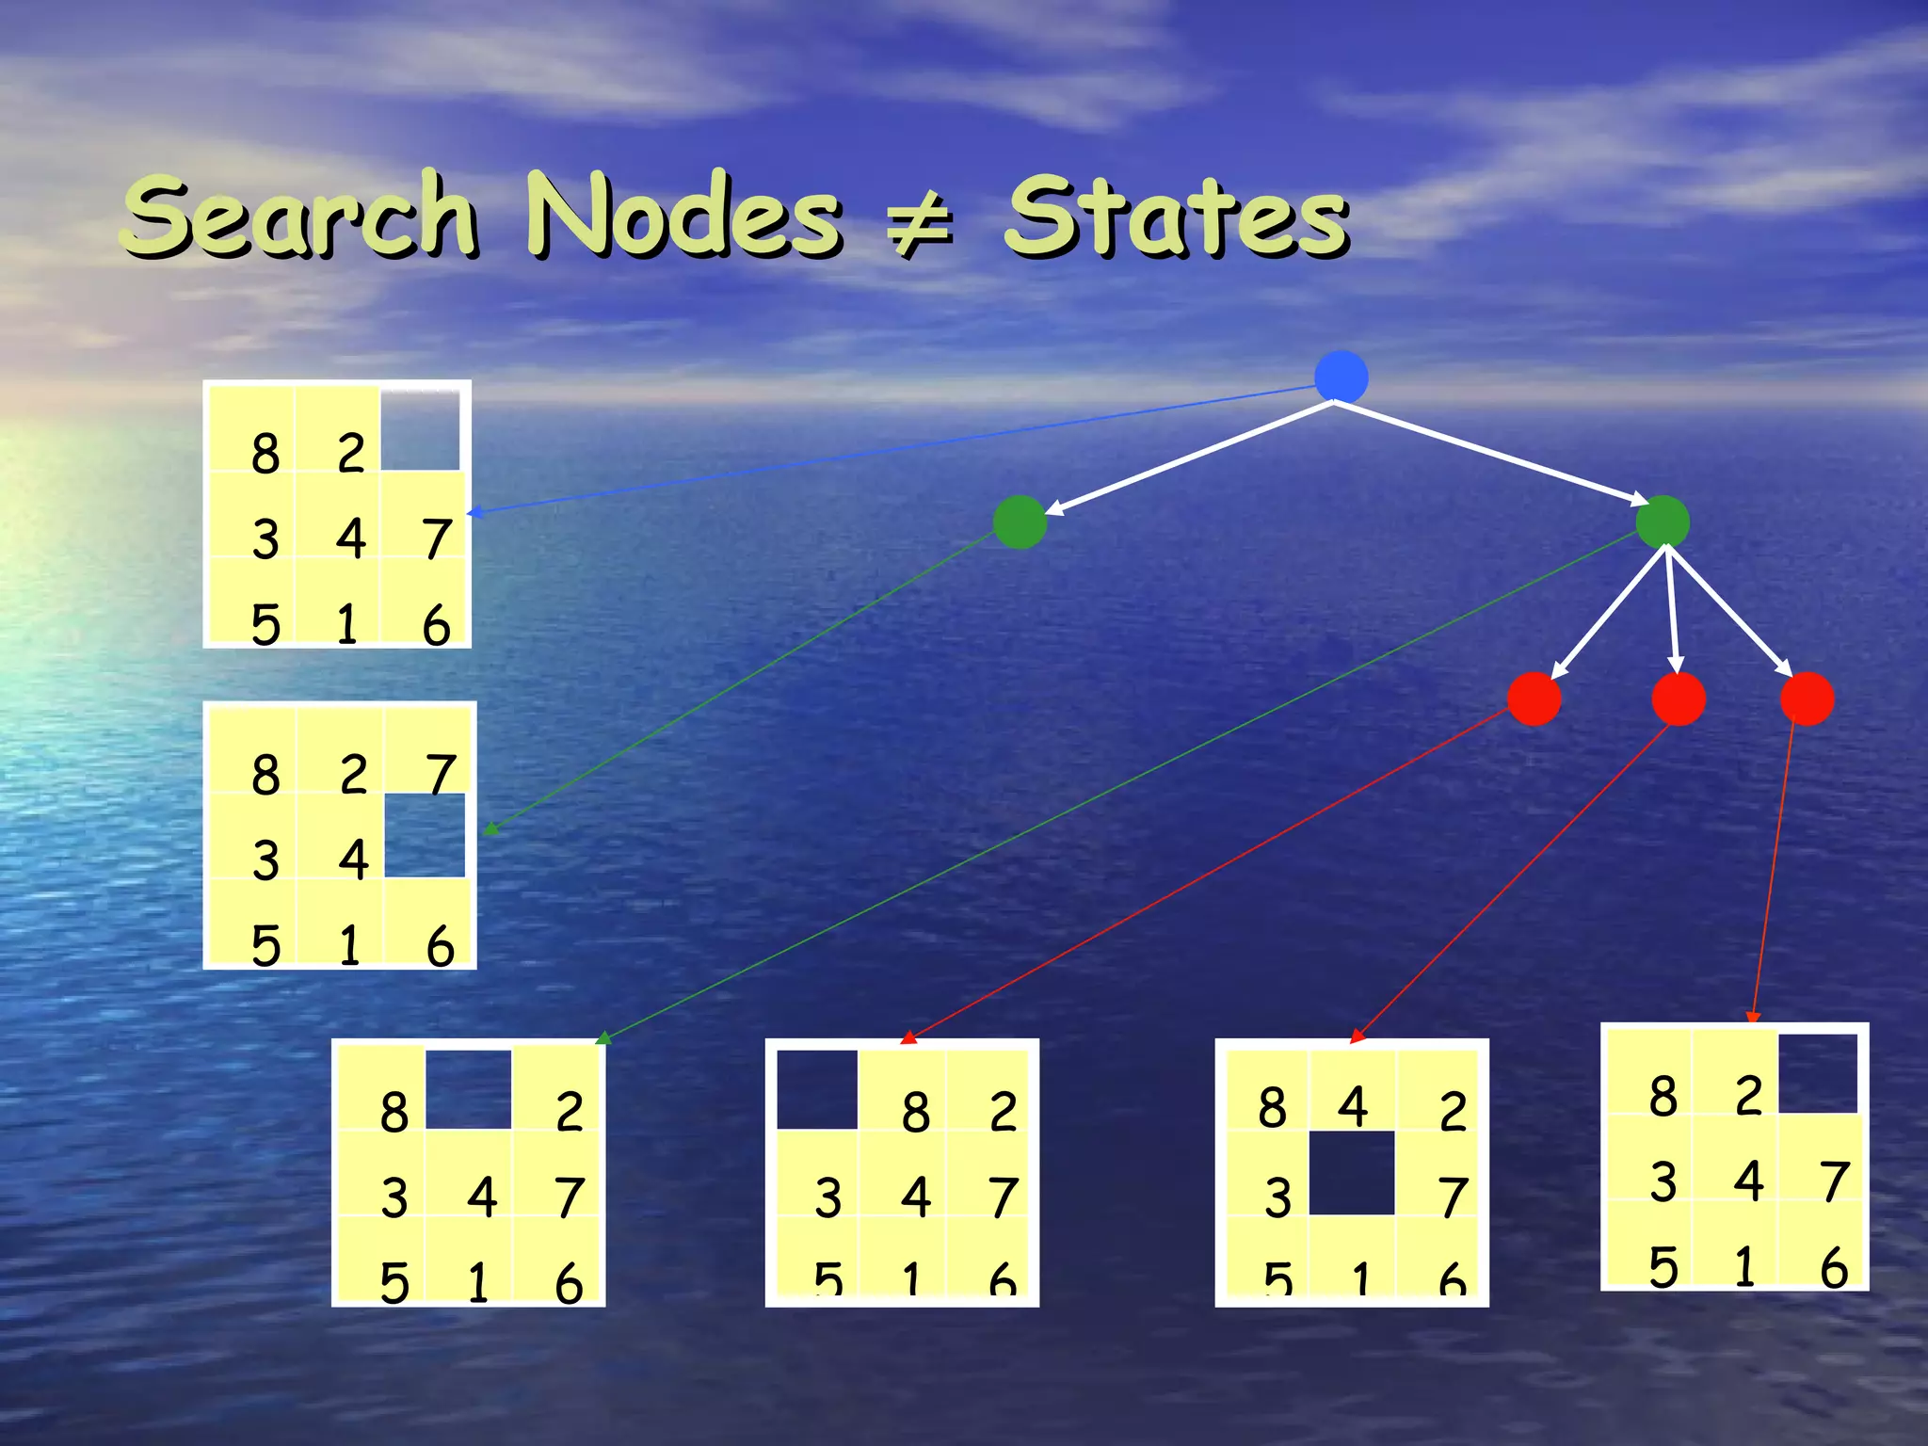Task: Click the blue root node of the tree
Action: [x=1341, y=377]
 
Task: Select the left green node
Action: [x=1020, y=522]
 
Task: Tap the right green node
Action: [x=1663, y=522]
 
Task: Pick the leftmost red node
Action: [x=1534, y=699]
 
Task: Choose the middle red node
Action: [x=1679, y=699]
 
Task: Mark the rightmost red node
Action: [x=1807, y=699]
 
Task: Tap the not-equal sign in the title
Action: [x=921, y=226]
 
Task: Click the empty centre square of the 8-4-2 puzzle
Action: [x=1352, y=1173]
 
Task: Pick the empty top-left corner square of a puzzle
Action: [x=817, y=1089]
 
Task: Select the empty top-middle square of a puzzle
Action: [x=469, y=1089]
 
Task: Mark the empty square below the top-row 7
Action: [x=426, y=835]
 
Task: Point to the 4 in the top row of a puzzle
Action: [x=1353, y=1107]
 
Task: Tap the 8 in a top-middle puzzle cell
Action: [x=915, y=1111]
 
